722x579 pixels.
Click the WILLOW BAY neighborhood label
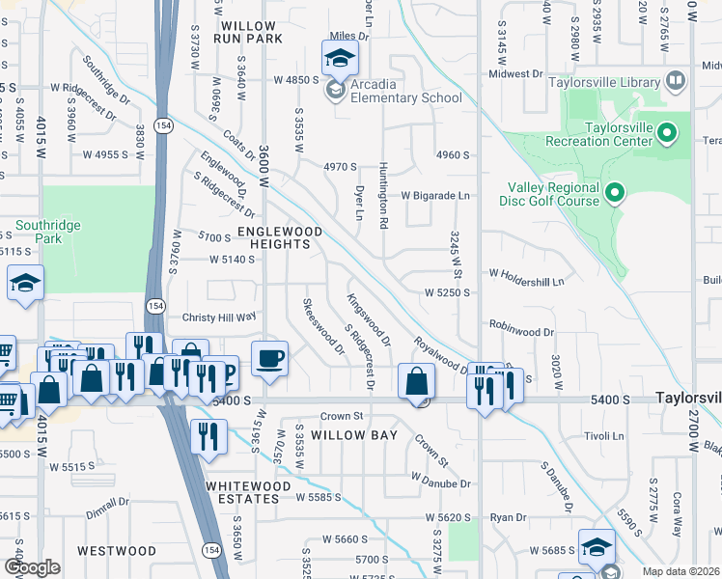coord(354,435)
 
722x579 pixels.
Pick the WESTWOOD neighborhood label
coord(117,551)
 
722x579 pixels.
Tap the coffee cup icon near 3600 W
coord(269,358)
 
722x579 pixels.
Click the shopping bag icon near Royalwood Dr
coord(416,381)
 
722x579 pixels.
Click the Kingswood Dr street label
coord(369,320)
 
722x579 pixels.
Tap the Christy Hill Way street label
coord(218,317)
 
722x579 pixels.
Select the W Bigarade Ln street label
coord(434,195)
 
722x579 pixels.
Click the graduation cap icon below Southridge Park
coord(26,283)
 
